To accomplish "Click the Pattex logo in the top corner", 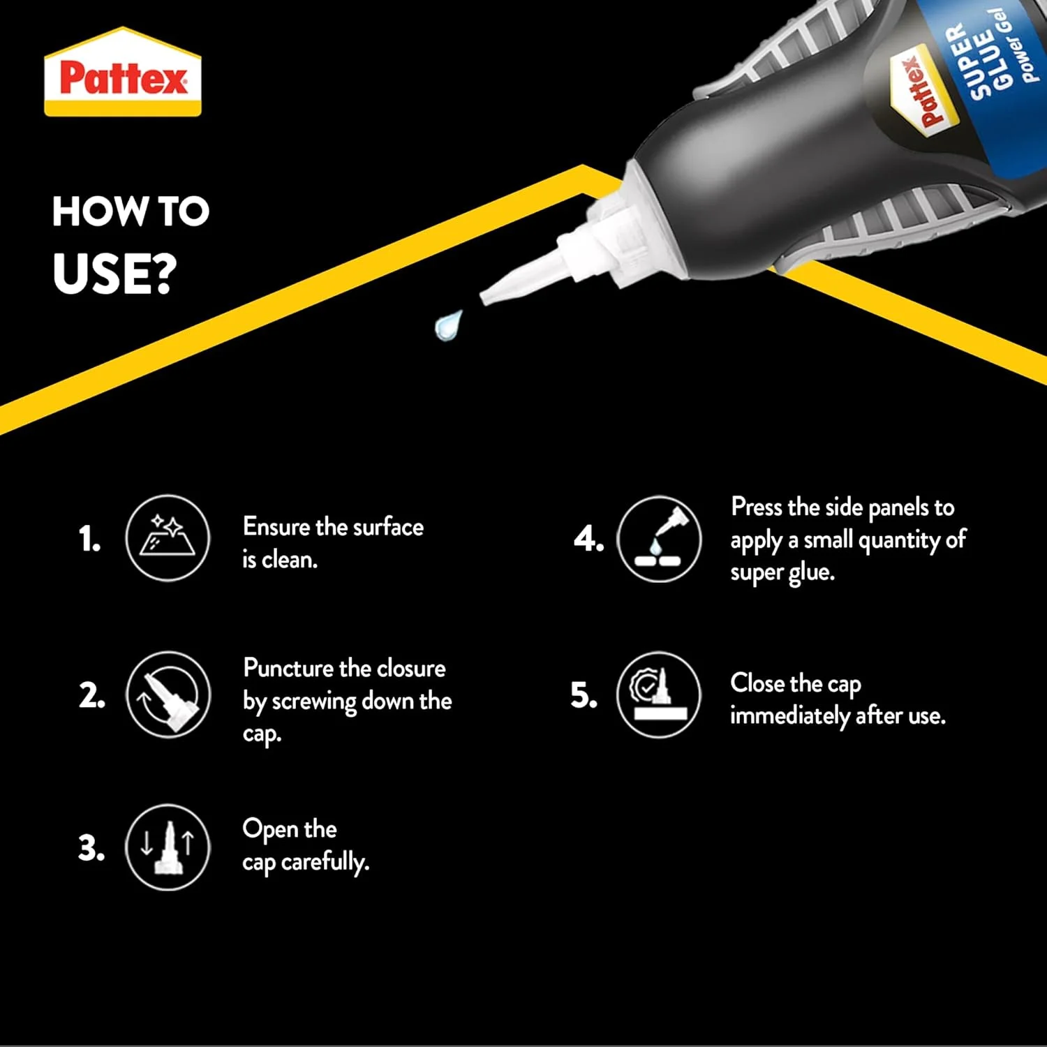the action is click(x=123, y=72).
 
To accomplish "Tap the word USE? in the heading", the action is click(x=115, y=273).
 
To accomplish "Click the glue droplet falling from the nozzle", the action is click(x=448, y=325).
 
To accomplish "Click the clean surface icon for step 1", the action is click(x=168, y=537).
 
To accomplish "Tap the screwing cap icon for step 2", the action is click(x=168, y=695).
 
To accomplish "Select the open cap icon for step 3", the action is click(x=168, y=847).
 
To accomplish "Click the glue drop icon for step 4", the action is click(x=659, y=539).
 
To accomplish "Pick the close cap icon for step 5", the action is click(x=659, y=695).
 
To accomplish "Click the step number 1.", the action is click(x=89, y=539).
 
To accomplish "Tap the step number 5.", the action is click(x=584, y=695).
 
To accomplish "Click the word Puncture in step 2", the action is click(x=288, y=668).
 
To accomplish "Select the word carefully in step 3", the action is click(x=325, y=862).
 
